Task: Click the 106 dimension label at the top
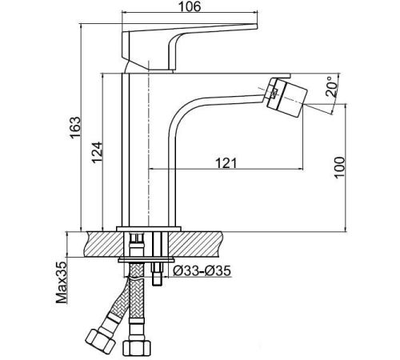coord(190,6)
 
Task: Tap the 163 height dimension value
coord(75,127)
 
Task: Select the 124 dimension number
coord(97,152)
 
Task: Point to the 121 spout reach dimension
coord(226,163)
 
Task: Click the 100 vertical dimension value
coord(339,167)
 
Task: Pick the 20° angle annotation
coord(331,86)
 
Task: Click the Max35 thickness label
coord(61,282)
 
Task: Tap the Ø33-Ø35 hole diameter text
coord(202,271)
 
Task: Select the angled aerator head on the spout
coord(287,97)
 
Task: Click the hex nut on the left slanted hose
coord(100,342)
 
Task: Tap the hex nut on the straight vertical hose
coord(137,348)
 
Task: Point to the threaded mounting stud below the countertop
coord(157,273)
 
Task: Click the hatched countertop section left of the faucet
coord(105,245)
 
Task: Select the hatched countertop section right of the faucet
coord(195,245)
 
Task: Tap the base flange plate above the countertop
coord(149,229)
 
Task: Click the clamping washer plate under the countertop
coord(146,260)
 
